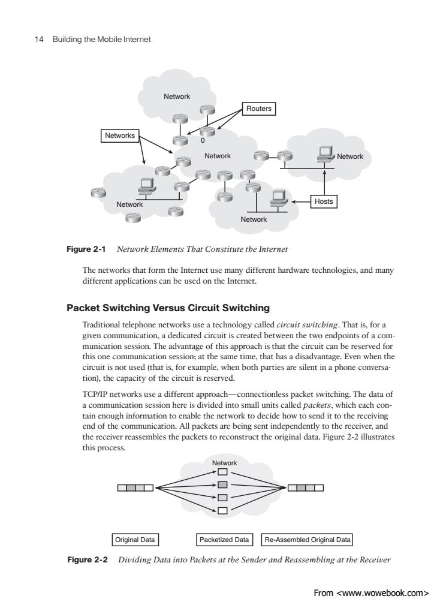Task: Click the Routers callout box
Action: pyautogui.click(x=258, y=109)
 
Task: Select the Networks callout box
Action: pyautogui.click(x=120, y=136)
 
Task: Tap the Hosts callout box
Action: pyautogui.click(x=324, y=201)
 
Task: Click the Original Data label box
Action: pyautogui.click(x=135, y=540)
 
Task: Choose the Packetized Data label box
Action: pyautogui.click(x=224, y=540)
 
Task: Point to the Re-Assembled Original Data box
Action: pyautogui.click(x=307, y=540)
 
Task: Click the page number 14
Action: pyautogui.click(x=38, y=40)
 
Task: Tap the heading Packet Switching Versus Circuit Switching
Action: pyautogui.click(x=168, y=308)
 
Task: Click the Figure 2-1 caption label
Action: pyautogui.click(x=86, y=249)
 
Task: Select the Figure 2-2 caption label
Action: pyautogui.click(x=88, y=559)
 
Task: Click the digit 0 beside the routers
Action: pyautogui.click(x=203, y=140)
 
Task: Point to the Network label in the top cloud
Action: pyautogui.click(x=177, y=97)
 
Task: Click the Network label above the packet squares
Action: pyautogui.click(x=224, y=463)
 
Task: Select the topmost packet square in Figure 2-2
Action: pyautogui.click(x=222, y=472)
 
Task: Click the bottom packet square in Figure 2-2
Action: pyautogui.click(x=222, y=510)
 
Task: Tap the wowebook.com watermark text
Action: pyautogui.click(x=370, y=592)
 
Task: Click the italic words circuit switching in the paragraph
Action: pyautogui.click(x=308, y=325)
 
